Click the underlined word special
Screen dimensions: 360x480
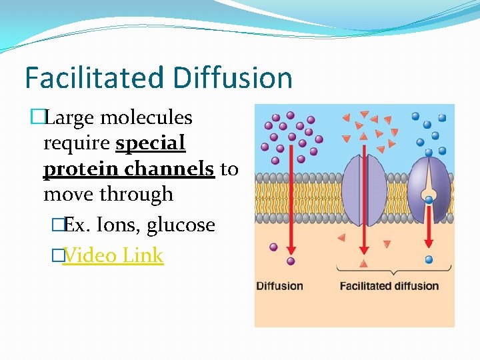point(150,143)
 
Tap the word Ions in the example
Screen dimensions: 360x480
point(117,225)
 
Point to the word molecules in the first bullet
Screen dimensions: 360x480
point(146,118)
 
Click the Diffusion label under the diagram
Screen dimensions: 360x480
point(279,286)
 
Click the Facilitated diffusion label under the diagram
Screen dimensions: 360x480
point(389,286)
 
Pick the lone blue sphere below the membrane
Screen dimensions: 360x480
point(429,259)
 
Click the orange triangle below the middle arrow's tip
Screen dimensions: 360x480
point(363,264)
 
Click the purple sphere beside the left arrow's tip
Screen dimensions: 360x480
point(273,247)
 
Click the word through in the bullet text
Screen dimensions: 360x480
point(141,194)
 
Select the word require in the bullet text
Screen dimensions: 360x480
point(77,143)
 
